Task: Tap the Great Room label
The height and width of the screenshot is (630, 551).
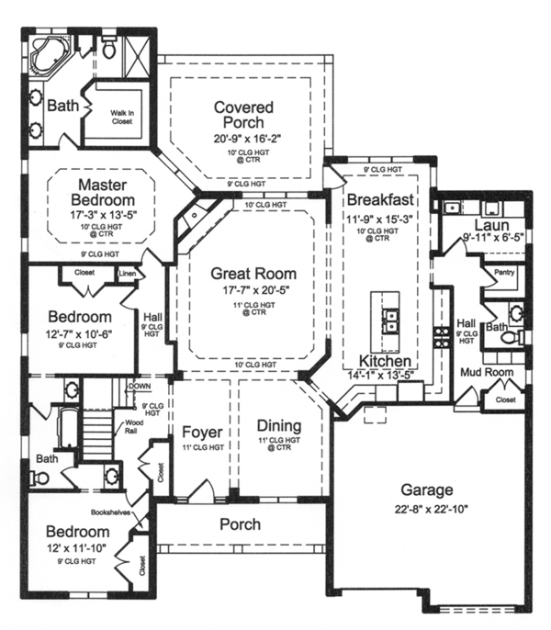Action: point(253,273)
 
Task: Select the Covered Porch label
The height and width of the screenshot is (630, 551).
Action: point(238,115)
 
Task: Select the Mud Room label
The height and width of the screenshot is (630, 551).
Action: point(486,372)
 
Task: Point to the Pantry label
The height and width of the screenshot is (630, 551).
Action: point(502,273)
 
